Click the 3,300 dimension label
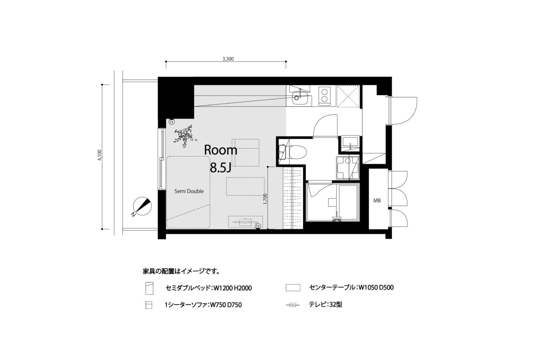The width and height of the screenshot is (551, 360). [x=228, y=59]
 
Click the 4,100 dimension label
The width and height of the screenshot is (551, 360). [x=99, y=155]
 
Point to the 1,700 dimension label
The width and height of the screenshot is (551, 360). [x=265, y=199]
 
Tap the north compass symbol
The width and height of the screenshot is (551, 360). [x=142, y=206]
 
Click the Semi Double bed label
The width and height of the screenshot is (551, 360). [x=189, y=191]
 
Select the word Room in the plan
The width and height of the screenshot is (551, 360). [x=221, y=150]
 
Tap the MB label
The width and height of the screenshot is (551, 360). [x=377, y=201]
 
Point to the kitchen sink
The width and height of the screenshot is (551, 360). [x=299, y=98]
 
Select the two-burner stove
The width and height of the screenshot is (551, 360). [x=324, y=96]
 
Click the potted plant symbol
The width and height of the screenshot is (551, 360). [x=184, y=136]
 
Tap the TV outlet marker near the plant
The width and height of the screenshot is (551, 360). [x=172, y=122]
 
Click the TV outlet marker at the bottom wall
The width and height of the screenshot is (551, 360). [x=258, y=226]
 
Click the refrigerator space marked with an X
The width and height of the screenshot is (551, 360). [x=348, y=96]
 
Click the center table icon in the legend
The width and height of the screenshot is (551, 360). [x=293, y=288]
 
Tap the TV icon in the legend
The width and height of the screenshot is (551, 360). [x=293, y=305]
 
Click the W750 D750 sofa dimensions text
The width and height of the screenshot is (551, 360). [x=225, y=305]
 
